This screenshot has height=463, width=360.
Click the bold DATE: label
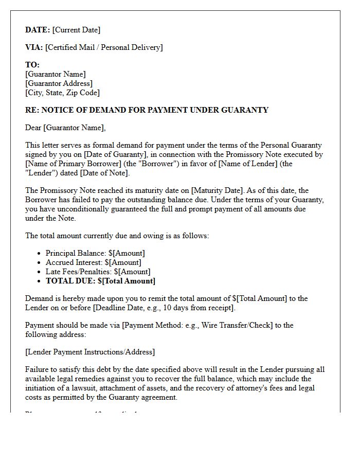click(x=38, y=30)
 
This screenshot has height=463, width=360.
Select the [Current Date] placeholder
click(x=76, y=30)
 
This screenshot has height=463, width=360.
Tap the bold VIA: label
click(x=34, y=47)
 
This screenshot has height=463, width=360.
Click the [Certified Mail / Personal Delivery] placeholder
click(x=104, y=47)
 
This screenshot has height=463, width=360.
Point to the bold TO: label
click(x=32, y=65)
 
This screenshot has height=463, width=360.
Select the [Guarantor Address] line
click(x=59, y=83)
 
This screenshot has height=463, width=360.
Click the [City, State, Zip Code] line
click(x=62, y=93)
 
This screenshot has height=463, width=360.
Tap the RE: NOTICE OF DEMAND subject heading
click(x=147, y=110)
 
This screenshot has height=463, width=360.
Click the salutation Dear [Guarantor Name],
click(x=65, y=128)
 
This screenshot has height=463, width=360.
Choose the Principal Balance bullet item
click(x=95, y=253)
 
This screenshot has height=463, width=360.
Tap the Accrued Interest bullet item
click(x=94, y=262)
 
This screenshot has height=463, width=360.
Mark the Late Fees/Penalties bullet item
click(x=98, y=272)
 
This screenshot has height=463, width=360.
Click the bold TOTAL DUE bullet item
click(x=100, y=281)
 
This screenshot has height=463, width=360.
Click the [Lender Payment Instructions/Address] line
click(x=90, y=352)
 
